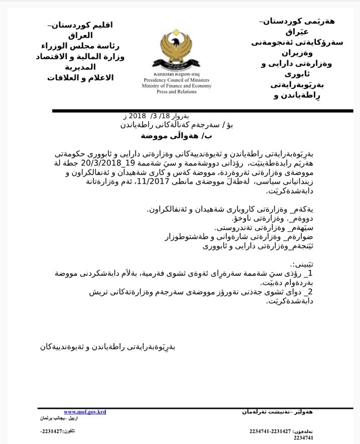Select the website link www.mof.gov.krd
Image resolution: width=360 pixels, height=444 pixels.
coord(84,411)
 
